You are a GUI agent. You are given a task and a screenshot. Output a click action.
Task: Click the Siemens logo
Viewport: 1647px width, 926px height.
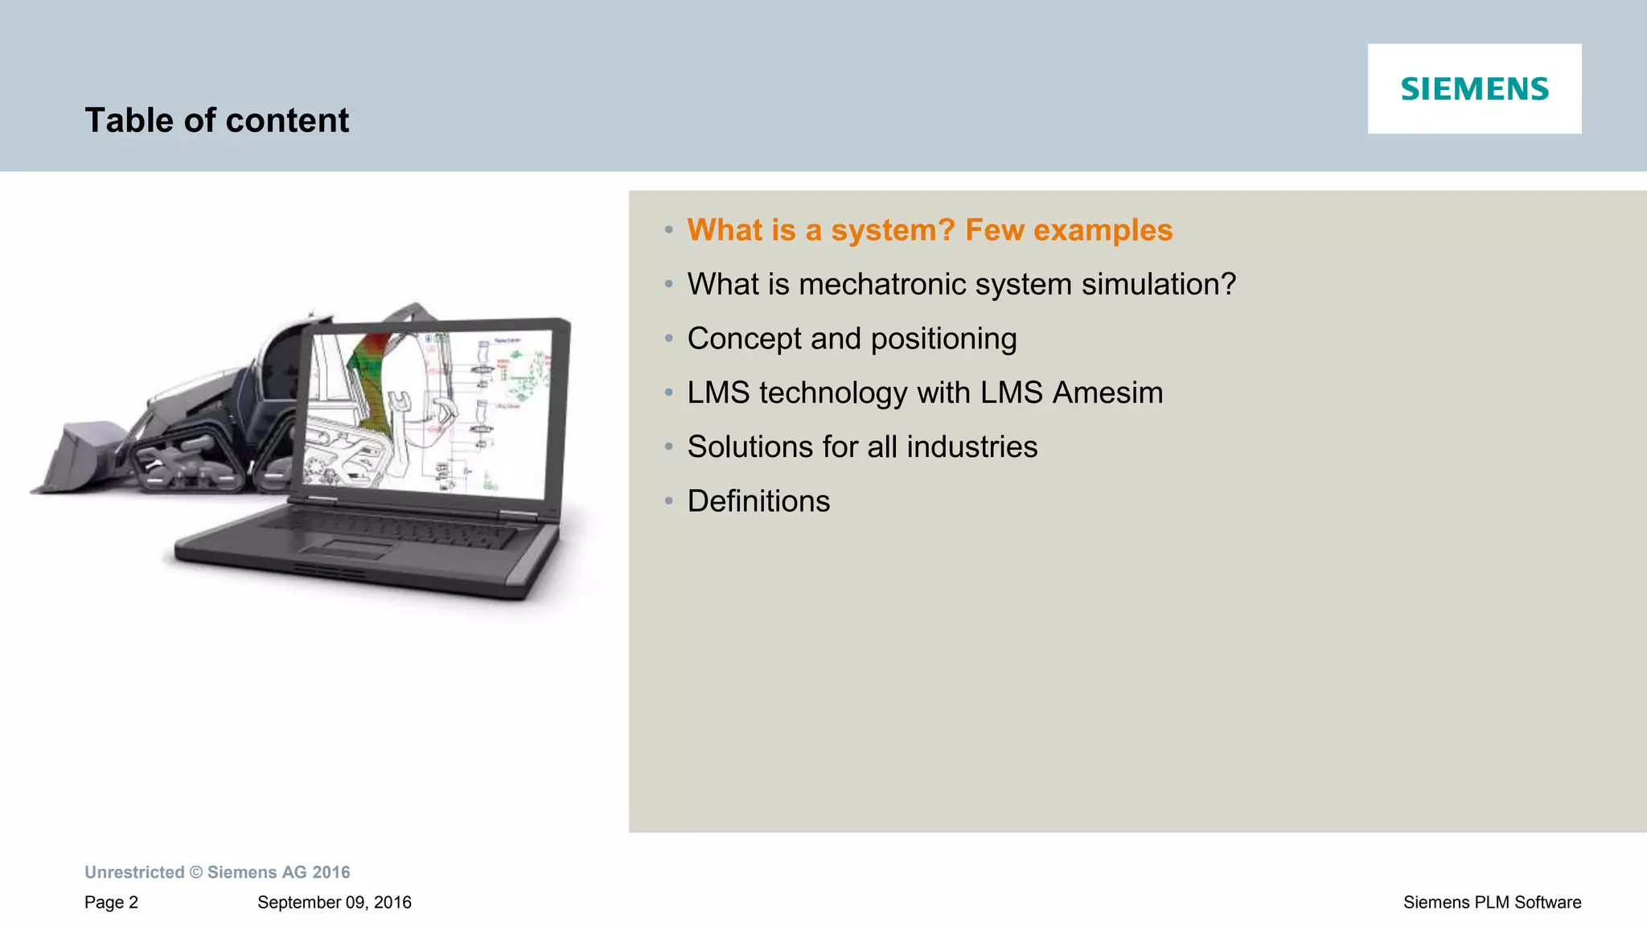point(1474,88)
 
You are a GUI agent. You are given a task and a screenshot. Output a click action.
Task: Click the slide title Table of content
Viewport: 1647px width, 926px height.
point(216,121)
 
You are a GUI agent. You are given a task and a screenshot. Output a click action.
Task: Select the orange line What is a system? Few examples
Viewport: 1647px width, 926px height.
point(929,230)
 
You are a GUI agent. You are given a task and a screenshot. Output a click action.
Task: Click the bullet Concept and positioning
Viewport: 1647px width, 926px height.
point(852,339)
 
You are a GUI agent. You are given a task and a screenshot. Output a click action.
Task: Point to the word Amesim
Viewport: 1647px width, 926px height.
point(1107,393)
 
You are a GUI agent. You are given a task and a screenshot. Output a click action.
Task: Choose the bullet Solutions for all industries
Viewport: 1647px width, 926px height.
point(862,447)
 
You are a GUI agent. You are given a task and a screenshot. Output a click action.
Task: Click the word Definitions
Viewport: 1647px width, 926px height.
point(758,501)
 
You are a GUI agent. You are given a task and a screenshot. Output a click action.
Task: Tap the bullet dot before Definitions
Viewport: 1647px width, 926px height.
point(668,501)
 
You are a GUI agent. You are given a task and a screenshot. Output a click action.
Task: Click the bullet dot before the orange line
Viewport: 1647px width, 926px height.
point(668,230)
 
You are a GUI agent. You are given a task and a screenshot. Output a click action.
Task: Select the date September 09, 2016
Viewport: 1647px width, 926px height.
point(334,903)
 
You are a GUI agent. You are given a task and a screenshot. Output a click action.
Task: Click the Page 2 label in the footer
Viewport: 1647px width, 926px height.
point(111,903)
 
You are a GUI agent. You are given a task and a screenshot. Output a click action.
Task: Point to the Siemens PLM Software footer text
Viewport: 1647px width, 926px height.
point(1492,903)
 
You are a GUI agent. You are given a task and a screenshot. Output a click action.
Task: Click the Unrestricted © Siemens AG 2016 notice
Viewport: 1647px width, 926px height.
point(217,872)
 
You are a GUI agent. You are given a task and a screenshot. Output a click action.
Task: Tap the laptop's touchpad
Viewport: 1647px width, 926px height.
point(347,549)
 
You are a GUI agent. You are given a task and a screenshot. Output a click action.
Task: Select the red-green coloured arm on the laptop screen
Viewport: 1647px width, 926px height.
point(372,378)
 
